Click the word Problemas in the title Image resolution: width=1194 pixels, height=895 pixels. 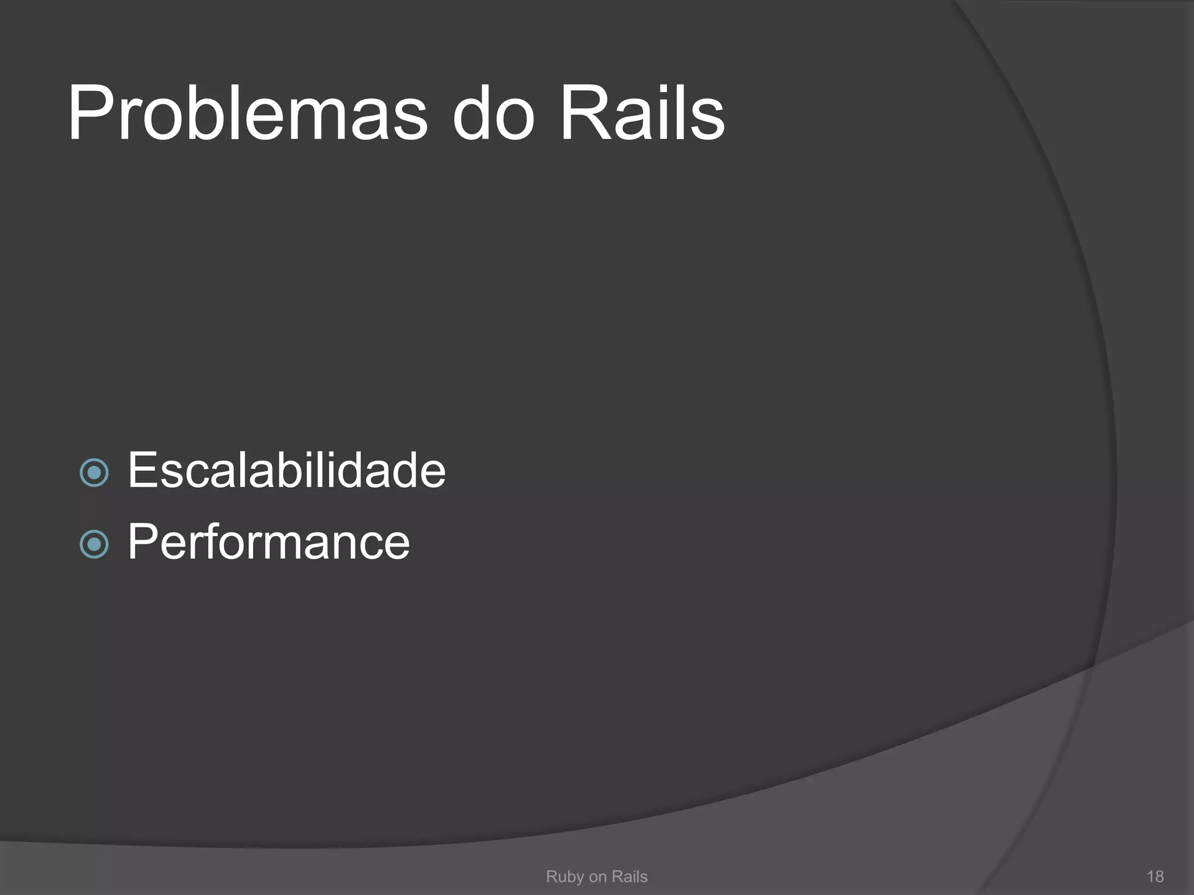[x=248, y=114]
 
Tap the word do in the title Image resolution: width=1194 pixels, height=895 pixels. [x=493, y=114]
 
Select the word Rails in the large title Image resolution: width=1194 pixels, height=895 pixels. [x=642, y=114]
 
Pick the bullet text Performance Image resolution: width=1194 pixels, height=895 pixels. [x=268, y=542]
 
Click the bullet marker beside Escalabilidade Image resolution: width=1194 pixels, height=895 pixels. [x=94, y=472]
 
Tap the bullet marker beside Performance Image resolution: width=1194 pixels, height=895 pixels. [x=94, y=544]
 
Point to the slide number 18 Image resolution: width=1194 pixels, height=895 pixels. [x=1155, y=876]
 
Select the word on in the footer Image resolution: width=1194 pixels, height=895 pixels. [x=598, y=877]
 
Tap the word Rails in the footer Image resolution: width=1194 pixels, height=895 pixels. [x=629, y=876]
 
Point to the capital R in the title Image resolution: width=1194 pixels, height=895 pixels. [x=583, y=114]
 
